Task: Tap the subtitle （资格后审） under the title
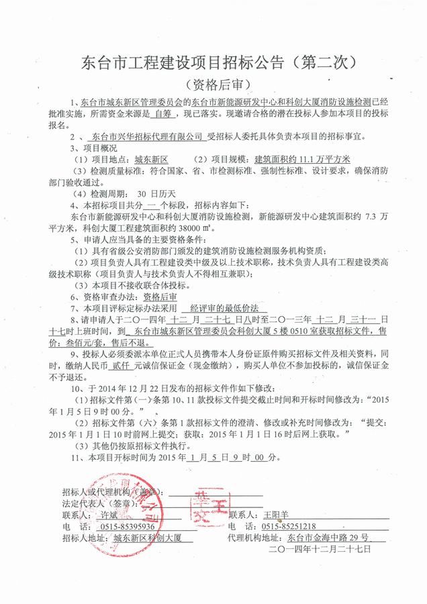[214, 85]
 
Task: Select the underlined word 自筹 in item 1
[161, 115]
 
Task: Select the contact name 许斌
[108, 514]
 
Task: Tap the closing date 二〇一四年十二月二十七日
[320, 549]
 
